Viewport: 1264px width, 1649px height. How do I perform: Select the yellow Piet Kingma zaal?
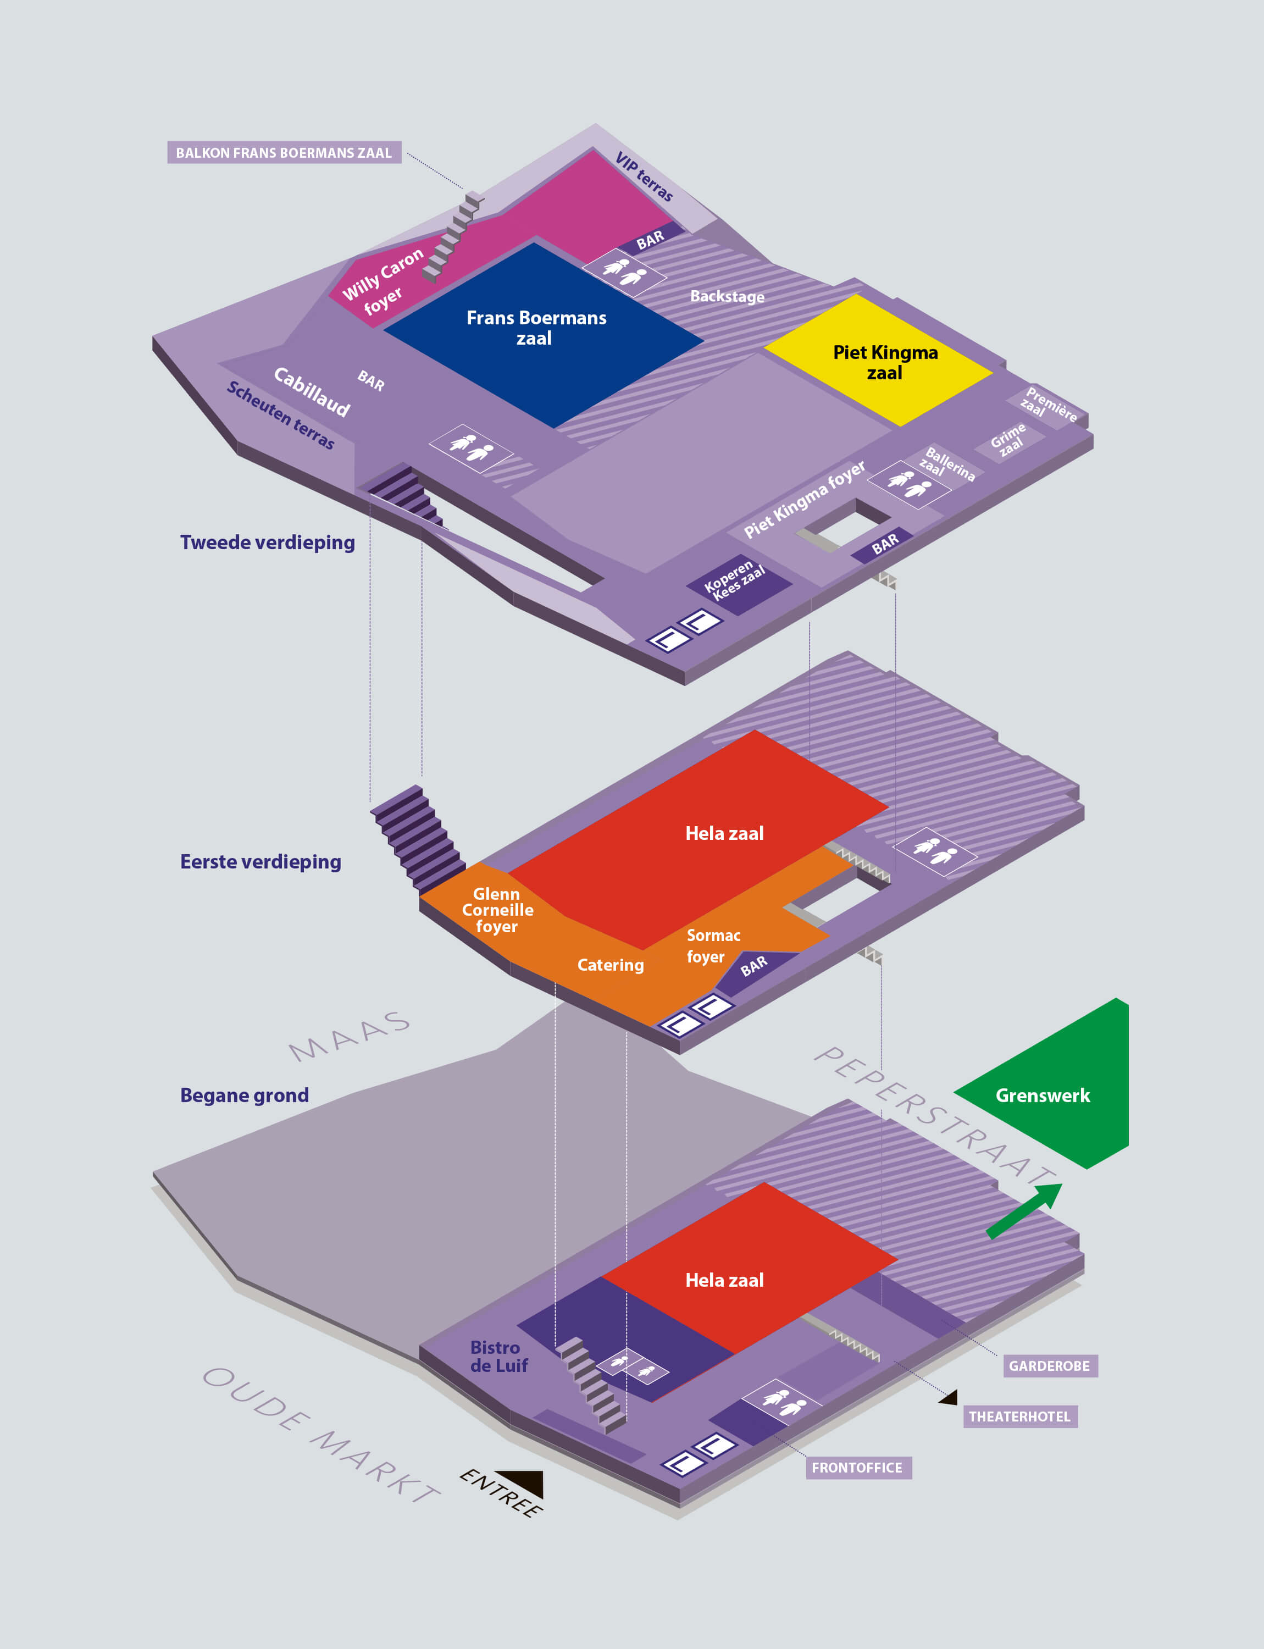tap(880, 361)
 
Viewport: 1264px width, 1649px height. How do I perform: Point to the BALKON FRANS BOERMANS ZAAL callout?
tap(284, 153)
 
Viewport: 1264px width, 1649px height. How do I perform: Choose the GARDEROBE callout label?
tap(1050, 1366)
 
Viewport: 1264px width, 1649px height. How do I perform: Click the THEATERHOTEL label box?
tap(1019, 1416)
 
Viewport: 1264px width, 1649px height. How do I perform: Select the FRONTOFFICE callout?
tap(858, 1468)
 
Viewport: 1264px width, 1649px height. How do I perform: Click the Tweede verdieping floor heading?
tap(267, 543)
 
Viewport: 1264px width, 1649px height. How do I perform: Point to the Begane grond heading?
tap(245, 1095)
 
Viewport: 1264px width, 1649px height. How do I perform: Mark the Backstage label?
tap(727, 296)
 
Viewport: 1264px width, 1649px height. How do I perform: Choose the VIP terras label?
tap(644, 177)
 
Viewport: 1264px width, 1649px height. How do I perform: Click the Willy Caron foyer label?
tap(382, 281)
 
